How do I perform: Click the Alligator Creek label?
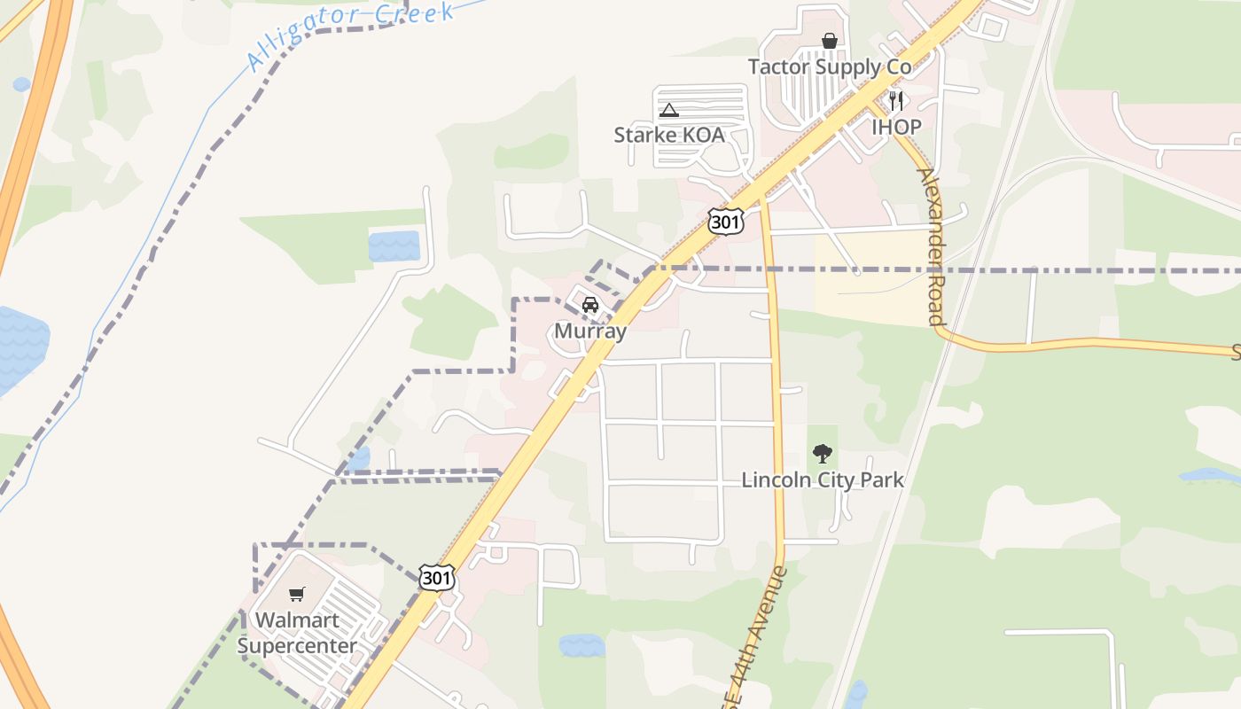pos(351,35)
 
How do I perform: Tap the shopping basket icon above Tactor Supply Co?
pos(830,41)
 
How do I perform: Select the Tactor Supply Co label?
pos(830,67)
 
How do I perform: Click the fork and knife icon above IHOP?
pos(896,101)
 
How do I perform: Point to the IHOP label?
pos(896,127)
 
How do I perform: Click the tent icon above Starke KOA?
pos(669,110)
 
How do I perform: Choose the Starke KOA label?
pos(669,136)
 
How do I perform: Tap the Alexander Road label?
pos(930,245)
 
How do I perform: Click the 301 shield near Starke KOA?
pos(725,221)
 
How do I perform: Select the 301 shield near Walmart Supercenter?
pos(437,578)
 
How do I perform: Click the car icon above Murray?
pos(589,306)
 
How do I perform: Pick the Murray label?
pos(590,331)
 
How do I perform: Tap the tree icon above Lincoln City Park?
pos(823,455)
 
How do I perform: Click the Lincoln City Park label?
pos(823,480)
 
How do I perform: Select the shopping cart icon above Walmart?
pos(297,594)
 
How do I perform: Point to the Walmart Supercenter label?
pos(297,633)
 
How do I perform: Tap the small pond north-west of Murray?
pos(394,245)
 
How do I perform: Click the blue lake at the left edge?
pos(20,346)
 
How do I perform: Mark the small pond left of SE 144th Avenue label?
pos(581,645)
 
